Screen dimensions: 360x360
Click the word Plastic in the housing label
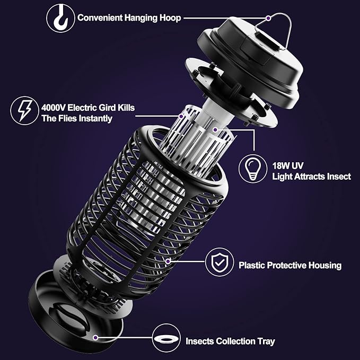252,265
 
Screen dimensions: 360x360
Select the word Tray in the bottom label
265,341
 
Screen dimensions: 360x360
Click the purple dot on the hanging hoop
269,18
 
